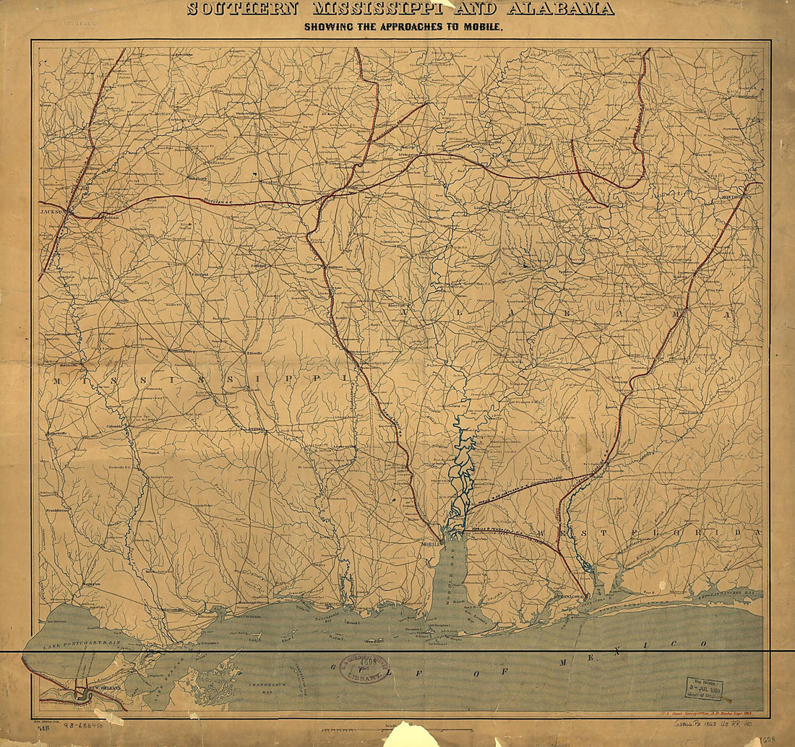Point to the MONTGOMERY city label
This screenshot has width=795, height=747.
pos(744,197)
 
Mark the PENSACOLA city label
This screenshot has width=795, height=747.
pos(567,597)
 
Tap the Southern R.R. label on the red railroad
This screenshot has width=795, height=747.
pos(217,202)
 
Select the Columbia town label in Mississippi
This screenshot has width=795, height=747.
pos(115,426)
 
